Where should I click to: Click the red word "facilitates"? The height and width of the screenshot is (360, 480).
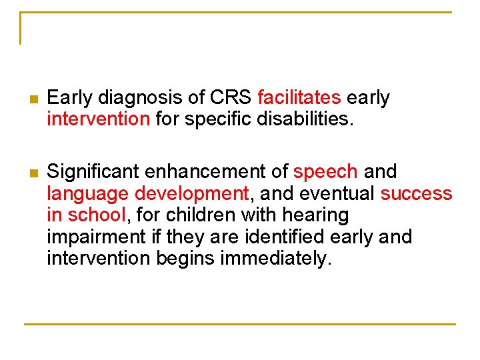tap(299, 98)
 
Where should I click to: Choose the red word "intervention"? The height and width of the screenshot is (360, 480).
tap(99, 120)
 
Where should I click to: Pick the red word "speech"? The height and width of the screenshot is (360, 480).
tap(325, 172)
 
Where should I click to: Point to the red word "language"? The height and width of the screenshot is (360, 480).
tap(88, 194)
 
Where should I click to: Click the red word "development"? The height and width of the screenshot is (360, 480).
tap(191, 194)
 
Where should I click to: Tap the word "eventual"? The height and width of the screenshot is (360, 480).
tap(338, 194)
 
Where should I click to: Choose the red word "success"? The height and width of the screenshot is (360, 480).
tap(416, 194)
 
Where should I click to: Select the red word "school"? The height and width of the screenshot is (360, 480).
tap(96, 215)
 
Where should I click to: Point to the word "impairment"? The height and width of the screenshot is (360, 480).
tap(93, 237)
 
